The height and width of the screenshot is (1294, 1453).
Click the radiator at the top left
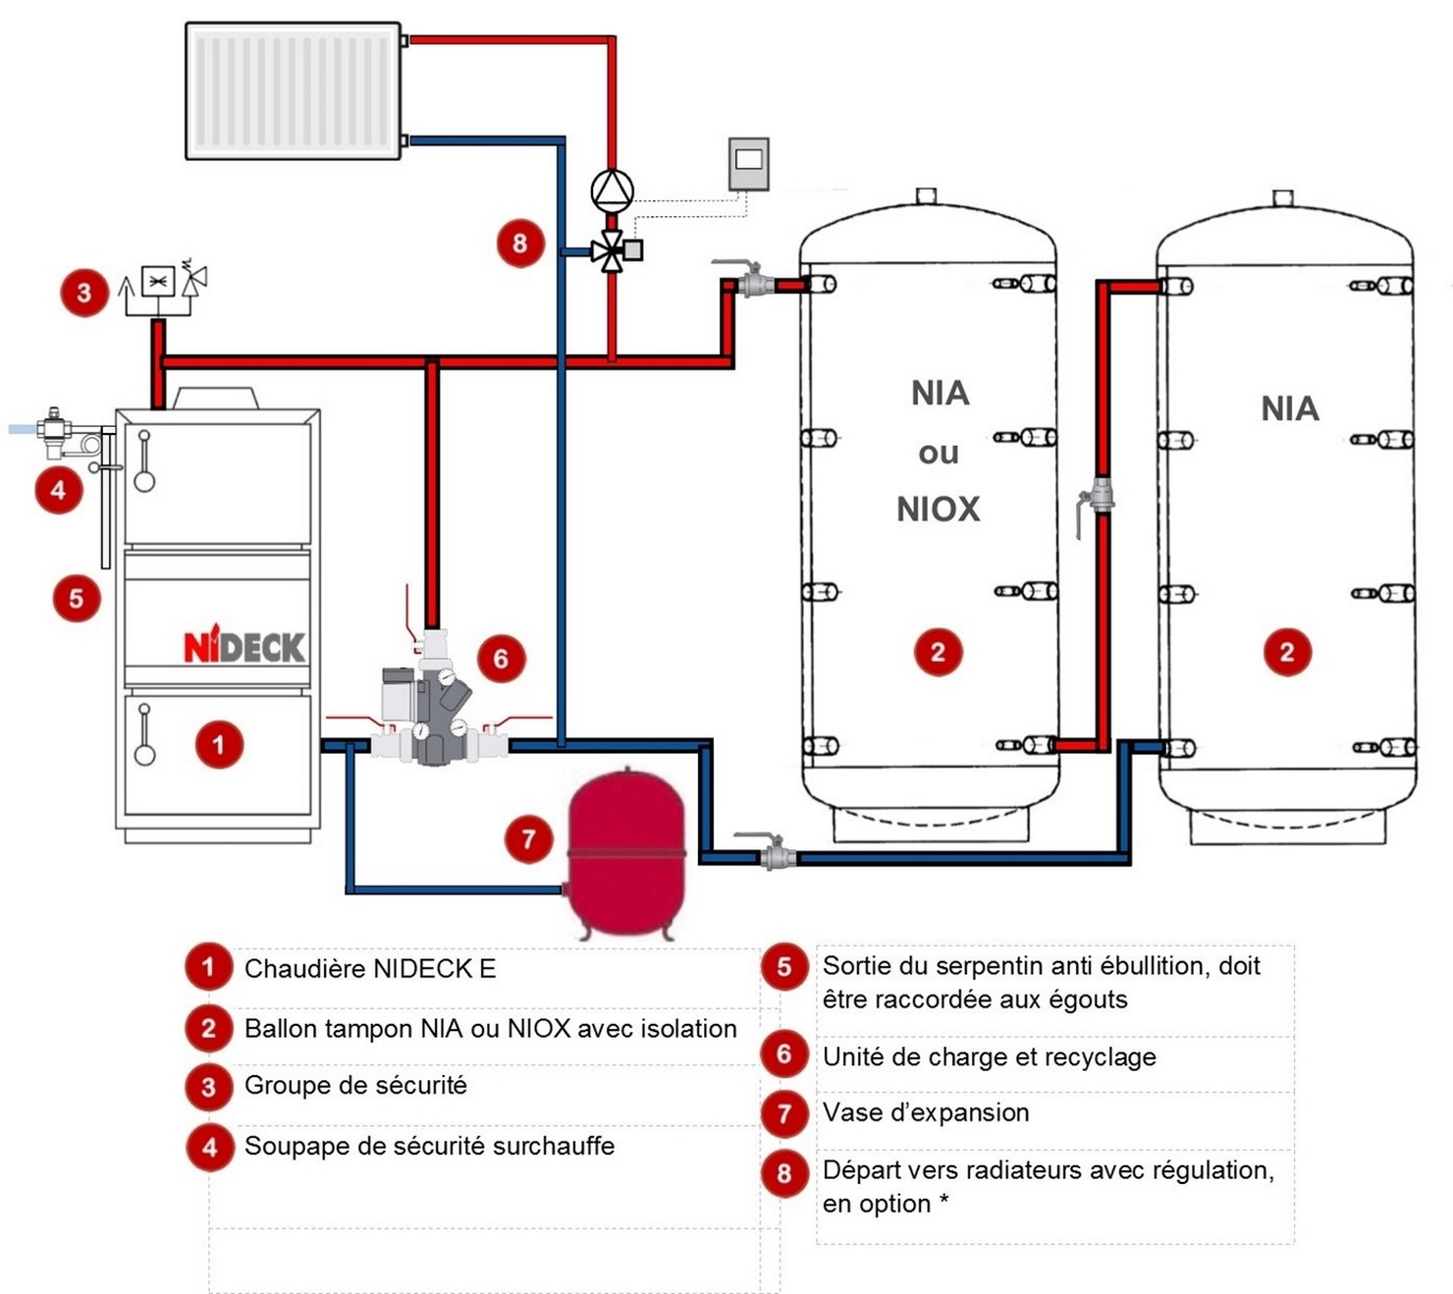[x=293, y=90]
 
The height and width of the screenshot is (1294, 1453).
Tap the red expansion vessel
[x=625, y=850]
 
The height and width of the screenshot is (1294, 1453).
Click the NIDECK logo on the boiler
[x=243, y=647]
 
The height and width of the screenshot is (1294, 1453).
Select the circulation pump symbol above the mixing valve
[x=612, y=189]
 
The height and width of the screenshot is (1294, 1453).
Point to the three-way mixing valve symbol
[x=612, y=251]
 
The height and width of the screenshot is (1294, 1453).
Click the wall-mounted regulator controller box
[x=748, y=163]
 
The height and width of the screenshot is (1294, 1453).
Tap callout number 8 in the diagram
[x=519, y=242]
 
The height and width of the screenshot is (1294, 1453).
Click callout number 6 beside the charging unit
[x=501, y=658]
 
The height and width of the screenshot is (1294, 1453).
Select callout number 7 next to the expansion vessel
[x=528, y=838]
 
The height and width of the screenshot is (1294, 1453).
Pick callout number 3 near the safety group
[x=83, y=292]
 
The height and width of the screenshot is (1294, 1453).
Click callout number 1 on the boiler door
[x=218, y=743]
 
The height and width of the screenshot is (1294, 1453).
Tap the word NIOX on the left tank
[x=938, y=509]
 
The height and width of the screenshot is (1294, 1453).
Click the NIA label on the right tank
[x=1289, y=408]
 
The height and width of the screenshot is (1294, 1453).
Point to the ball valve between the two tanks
[x=1101, y=497]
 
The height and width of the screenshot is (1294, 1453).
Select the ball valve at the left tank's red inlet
[x=753, y=284]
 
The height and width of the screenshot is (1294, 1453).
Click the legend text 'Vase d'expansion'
[x=926, y=1112]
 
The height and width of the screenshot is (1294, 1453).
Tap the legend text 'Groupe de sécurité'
[x=355, y=1085]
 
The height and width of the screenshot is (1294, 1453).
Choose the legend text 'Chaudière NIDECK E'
[x=370, y=969]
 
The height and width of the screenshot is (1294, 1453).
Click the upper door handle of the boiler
[x=144, y=460]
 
